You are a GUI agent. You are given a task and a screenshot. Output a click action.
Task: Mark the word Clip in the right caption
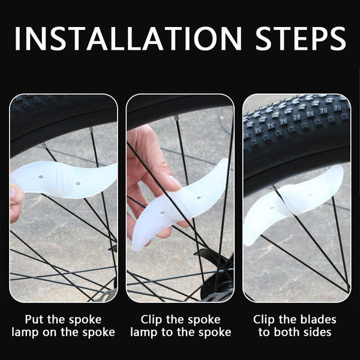click(x=265, y=319)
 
